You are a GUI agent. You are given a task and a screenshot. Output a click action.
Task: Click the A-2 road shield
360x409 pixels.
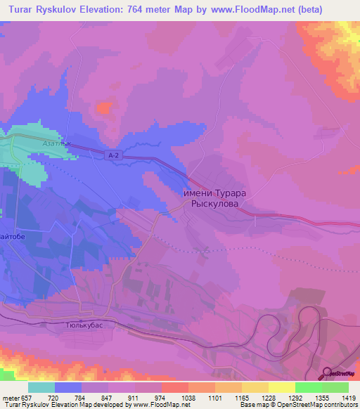[115, 155]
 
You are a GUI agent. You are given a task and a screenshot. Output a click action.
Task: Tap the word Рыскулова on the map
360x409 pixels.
[215, 204]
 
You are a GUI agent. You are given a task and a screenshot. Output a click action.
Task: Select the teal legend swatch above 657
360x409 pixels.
[41, 387]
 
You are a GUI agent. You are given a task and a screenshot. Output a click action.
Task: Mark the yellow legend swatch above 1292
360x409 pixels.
[281, 387]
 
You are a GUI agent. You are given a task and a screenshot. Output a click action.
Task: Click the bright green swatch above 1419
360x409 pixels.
[335, 387]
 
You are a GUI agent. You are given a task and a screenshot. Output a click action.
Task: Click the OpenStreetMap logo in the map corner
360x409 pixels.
[340, 375]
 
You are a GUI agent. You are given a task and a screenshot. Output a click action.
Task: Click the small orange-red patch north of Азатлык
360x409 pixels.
[104, 108]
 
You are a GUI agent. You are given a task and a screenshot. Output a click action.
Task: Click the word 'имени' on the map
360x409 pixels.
[200, 193]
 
